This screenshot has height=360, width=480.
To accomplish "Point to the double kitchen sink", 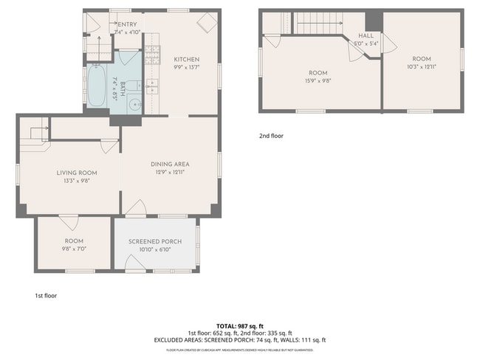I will tap(152, 86).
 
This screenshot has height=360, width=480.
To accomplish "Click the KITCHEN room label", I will tap(186, 60).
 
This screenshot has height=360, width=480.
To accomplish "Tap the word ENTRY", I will tap(126, 25).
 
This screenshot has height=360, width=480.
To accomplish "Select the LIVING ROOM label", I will tap(77, 173).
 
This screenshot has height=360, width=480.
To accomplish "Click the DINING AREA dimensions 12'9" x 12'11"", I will tap(169, 172).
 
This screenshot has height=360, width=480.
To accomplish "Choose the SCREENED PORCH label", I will tap(154, 241).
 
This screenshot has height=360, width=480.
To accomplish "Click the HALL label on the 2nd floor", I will tap(365, 35).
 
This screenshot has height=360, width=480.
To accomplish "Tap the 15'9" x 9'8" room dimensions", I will tap(318, 80).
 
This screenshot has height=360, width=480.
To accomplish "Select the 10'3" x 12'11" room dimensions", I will tap(421, 66).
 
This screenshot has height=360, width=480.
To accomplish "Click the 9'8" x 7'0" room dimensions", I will tap(74, 249).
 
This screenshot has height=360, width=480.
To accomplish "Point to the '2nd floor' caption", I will tap(271, 136).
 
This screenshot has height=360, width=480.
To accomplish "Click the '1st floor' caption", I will tap(46, 296).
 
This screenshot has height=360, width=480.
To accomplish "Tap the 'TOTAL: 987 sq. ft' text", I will tap(240, 325).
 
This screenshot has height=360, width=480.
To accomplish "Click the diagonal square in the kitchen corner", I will tap(205, 24).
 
